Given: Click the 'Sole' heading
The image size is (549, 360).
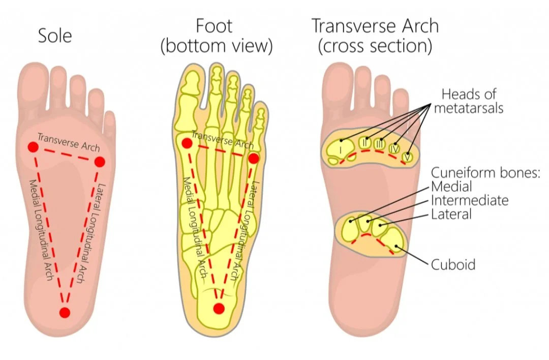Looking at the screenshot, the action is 55,36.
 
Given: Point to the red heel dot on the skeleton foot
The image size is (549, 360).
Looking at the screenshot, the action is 219,308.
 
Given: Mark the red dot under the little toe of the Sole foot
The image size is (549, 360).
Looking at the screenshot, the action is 100,162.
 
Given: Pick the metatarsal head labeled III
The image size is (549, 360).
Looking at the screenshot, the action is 379,144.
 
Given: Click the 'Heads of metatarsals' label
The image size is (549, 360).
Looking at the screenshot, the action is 468,101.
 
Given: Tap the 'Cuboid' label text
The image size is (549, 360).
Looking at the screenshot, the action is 453,264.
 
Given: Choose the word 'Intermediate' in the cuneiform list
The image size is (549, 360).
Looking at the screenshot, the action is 469,200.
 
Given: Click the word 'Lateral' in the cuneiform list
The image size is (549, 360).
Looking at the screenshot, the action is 451,214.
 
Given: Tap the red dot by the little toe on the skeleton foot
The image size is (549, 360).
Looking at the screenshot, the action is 254,158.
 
